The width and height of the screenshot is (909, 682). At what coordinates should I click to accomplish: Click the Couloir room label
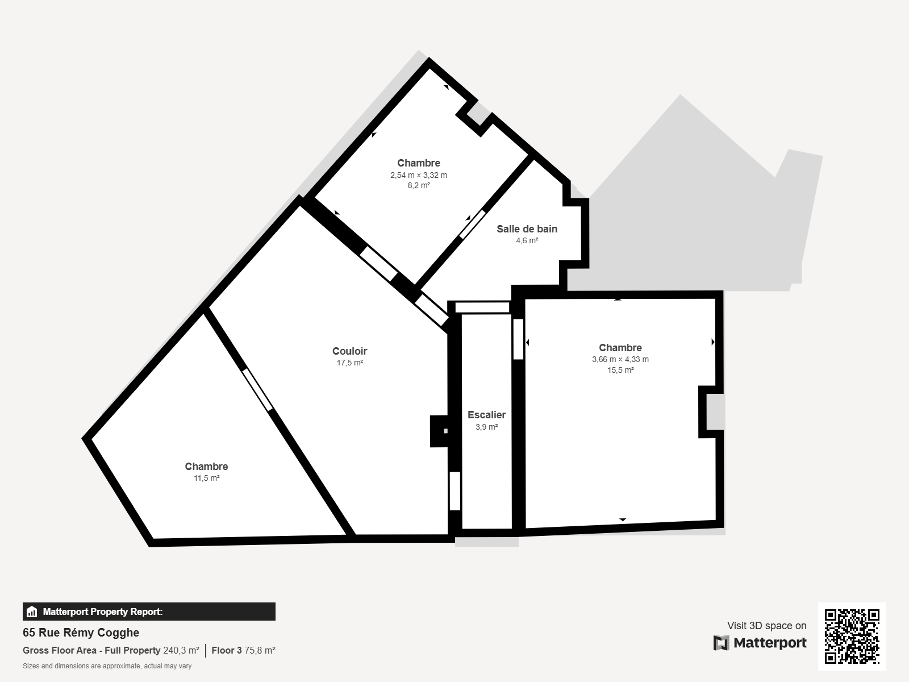[349, 351]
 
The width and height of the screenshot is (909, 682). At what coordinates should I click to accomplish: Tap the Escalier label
[486, 415]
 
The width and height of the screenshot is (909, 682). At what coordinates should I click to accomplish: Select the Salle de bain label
[527, 229]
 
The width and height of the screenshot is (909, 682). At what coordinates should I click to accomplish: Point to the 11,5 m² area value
[207, 479]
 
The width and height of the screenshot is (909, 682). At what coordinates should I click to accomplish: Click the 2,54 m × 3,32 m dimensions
[419, 175]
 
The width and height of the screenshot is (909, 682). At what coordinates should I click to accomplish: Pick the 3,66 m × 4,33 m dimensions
[620, 359]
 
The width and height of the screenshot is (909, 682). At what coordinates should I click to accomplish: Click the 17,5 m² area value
[349, 363]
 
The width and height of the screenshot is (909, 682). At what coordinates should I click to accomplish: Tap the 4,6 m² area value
[527, 240]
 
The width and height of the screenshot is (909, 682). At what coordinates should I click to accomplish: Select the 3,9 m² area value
[486, 427]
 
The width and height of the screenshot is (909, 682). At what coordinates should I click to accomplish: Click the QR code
[852, 637]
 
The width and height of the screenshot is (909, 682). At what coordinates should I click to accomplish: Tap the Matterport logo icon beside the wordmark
[721, 643]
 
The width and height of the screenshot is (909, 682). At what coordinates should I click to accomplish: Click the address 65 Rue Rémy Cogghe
[81, 633]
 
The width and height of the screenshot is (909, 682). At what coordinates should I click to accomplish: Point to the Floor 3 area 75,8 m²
[243, 651]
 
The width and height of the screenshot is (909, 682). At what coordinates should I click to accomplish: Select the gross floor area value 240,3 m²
[181, 651]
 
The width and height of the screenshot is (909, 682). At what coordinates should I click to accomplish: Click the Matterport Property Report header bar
[149, 612]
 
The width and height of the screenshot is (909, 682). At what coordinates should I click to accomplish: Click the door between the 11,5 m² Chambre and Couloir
[257, 390]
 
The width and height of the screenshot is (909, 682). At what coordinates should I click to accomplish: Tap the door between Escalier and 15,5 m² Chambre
[518, 339]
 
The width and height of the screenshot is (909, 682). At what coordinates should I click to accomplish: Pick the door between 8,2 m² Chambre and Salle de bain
[472, 224]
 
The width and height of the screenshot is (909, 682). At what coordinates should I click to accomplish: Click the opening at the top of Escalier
[482, 307]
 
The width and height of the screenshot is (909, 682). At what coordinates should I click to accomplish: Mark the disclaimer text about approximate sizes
[107, 666]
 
